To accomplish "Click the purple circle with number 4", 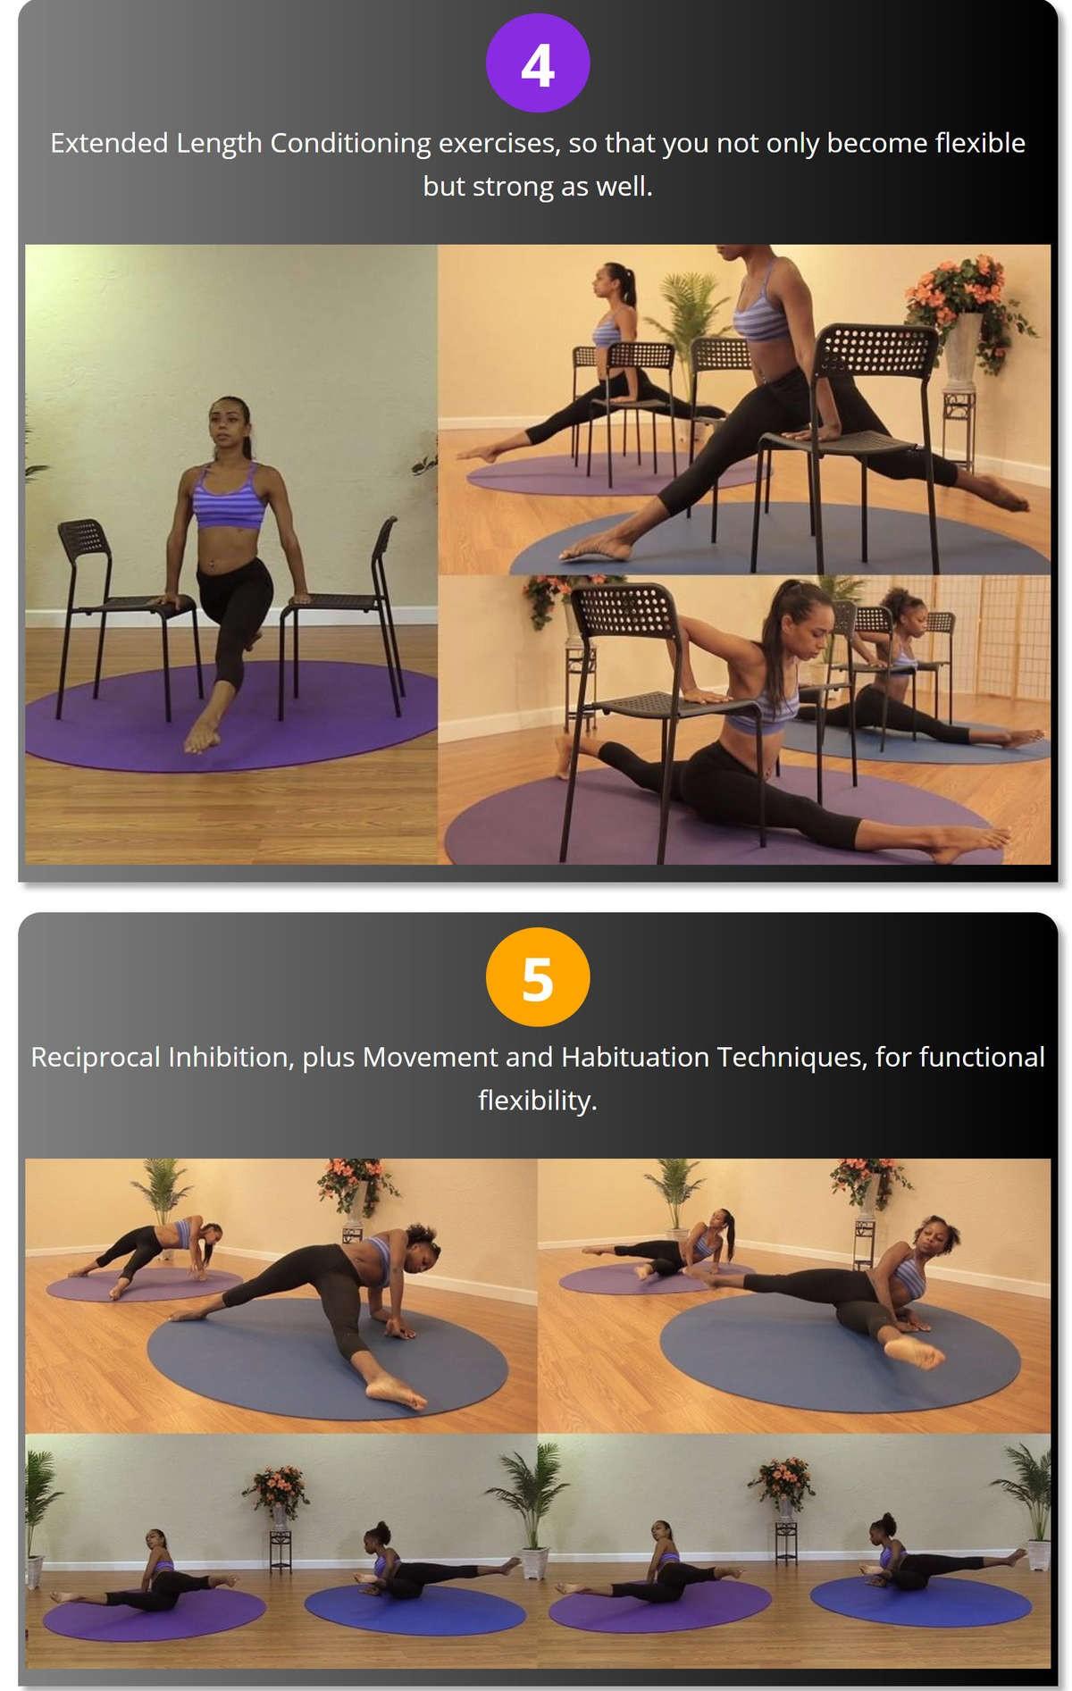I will pyautogui.click(x=537, y=63).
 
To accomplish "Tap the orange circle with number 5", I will pyautogui.click(x=537, y=977).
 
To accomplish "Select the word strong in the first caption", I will pyautogui.click(x=513, y=186).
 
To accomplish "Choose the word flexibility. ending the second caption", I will pyautogui.click(x=537, y=1100).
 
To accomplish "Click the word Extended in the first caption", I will pyautogui.click(x=109, y=143).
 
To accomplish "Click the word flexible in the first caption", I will pyautogui.click(x=980, y=143).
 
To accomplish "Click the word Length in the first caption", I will pyautogui.click(x=219, y=143).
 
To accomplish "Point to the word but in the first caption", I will pyautogui.click(x=443, y=186).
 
